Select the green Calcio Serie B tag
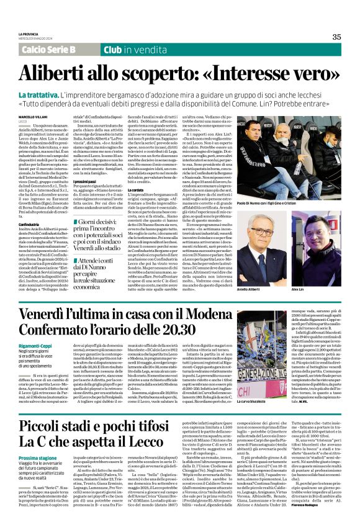tap(48, 49)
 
